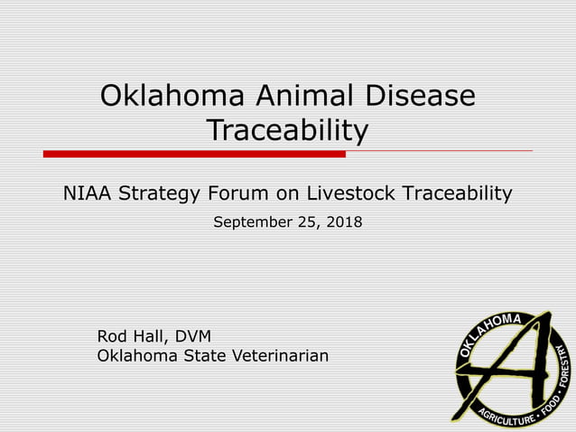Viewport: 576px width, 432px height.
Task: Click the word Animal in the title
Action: point(293,95)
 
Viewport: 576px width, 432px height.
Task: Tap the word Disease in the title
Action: point(419,95)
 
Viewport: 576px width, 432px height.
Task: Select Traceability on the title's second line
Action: point(287,131)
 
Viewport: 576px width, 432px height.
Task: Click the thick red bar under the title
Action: point(194,154)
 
